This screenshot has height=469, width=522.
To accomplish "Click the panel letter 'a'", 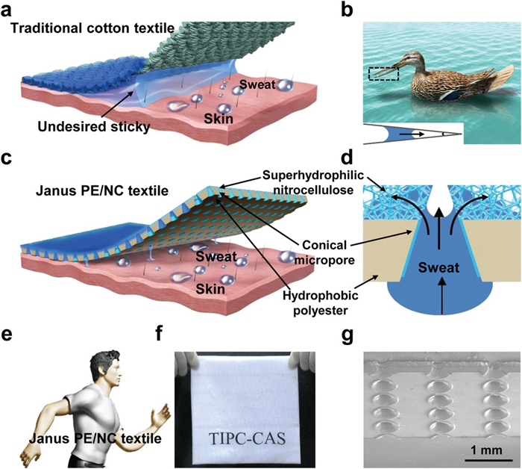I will (8, 10).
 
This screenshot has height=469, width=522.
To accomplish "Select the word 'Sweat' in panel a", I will (254, 84).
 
